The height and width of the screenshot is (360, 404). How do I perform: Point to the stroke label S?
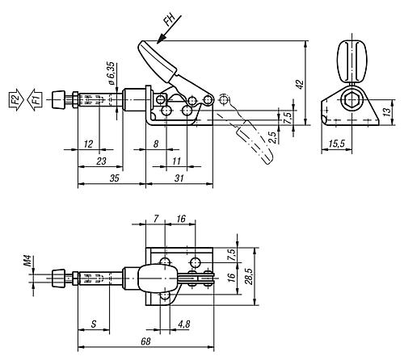click(x=94, y=324)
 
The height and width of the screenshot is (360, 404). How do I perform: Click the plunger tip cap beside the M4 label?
click(x=57, y=278)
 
